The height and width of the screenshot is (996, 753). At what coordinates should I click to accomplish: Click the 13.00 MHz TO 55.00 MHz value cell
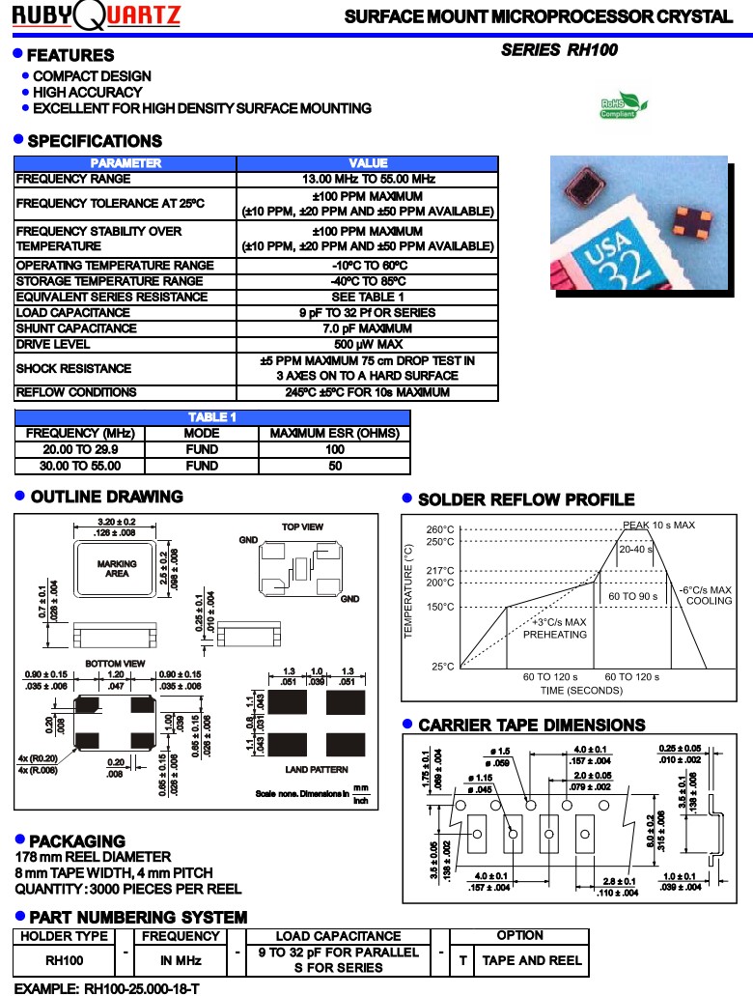tap(368, 180)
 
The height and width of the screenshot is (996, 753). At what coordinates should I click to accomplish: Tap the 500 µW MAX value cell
tap(368, 344)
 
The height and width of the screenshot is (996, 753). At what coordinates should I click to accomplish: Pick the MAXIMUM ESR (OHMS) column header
tap(335, 434)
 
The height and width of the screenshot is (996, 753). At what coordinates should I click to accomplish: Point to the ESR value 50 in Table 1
tap(335, 466)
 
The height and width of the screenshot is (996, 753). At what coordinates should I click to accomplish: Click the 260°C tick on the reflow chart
tap(441, 529)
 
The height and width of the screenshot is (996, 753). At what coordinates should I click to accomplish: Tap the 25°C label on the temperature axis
tap(443, 667)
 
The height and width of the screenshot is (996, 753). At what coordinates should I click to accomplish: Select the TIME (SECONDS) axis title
tap(580, 690)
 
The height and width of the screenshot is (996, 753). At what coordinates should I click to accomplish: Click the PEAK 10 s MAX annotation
tap(658, 525)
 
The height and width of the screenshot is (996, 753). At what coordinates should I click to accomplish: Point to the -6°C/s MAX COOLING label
tap(706, 595)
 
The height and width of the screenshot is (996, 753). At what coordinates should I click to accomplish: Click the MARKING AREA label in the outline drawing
tap(117, 569)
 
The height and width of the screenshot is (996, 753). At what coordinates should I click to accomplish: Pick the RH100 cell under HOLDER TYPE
tap(65, 960)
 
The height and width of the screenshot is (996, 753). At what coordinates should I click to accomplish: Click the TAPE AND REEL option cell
tap(532, 960)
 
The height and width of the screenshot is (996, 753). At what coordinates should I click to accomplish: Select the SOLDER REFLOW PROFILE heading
tap(526, 499)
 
